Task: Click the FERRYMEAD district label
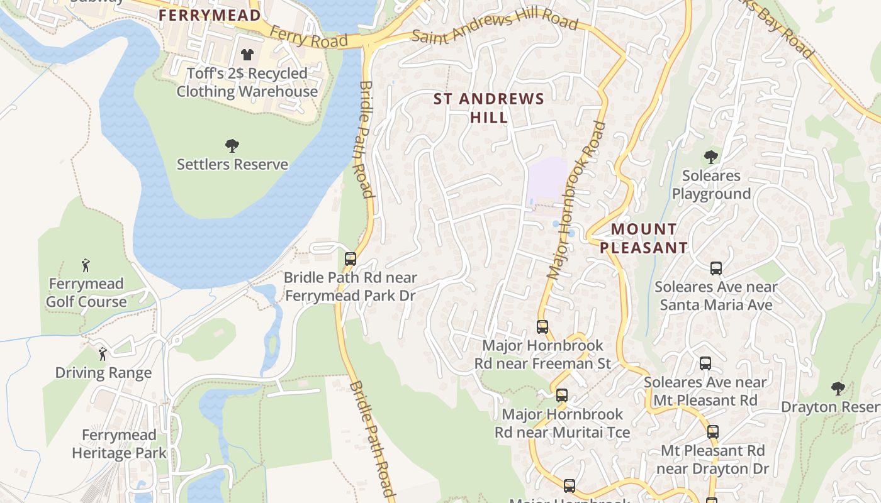click(210, 15)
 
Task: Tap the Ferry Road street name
click(308, 37)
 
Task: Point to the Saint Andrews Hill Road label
click(495, 28)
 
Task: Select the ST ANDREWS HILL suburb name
click(489, 108)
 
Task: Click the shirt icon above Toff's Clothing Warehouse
click(247, 55)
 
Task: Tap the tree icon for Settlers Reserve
click(232, 146)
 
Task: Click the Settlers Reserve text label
click(232, 165)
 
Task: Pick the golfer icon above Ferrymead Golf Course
click(86, 265)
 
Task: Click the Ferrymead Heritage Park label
click(119, 444)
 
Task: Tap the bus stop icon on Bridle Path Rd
click(351, 258)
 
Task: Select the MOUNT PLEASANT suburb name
click(644, 238)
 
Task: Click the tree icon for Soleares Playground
click(711, 157)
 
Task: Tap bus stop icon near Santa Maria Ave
click(715, 268)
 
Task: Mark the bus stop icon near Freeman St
click(542, 327)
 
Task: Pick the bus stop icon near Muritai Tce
click(562, 395)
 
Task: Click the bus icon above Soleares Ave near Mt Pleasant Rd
click(705, 363)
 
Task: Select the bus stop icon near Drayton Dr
click(712, 432)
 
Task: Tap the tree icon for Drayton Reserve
click(838, 388)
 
